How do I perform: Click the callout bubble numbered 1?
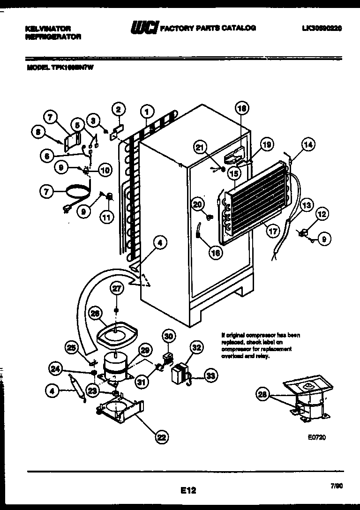147,112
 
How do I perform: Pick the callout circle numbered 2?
119,110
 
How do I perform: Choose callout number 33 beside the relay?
212,375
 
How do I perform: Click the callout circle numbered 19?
266,145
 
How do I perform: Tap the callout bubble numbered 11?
108,217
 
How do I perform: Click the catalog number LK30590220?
322,28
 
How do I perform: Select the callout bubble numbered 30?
169,336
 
